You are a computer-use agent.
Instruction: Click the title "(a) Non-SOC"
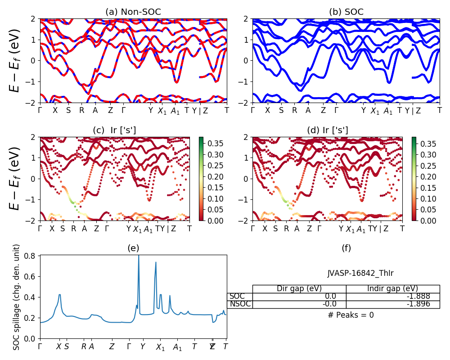coord(133,12)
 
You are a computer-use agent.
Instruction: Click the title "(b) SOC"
coord(346,12)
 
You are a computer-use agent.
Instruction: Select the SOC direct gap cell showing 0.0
coord(299,297)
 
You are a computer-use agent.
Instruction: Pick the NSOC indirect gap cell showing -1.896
coord(393,304)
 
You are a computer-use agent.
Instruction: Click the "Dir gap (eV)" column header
coord(299,289)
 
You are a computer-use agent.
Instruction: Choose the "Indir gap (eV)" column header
coord(393,289)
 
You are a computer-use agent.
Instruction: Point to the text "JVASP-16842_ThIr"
coord(360,273)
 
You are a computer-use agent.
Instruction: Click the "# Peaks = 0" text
coord(351,315)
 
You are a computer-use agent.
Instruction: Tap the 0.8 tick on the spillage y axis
coord(33,256)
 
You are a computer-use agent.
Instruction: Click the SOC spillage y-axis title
coord(17,297)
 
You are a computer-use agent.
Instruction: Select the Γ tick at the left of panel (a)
coord(40,110)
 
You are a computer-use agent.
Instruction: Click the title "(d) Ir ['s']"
coord(327,130)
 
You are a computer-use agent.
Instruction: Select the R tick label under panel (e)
coord(84,346)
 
